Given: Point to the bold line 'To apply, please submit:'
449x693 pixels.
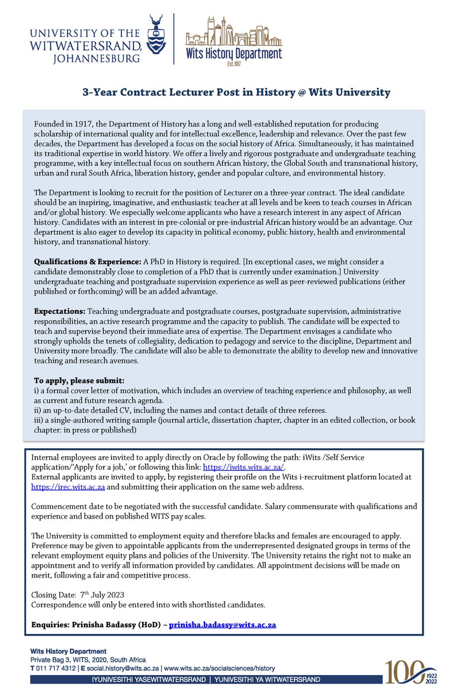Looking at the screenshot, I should pyautogui.click(x=79, y=381).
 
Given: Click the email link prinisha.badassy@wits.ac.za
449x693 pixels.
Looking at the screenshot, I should pyautogui.click(x=222, y=625).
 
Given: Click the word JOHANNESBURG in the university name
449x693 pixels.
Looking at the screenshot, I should pyautogui.click(x=99, y=58).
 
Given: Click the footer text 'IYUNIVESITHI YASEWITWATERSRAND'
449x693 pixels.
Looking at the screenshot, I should pyautogui.click(x=149, y=679).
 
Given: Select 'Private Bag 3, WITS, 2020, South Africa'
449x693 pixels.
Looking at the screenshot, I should pyautogui.click(x=88, y=660).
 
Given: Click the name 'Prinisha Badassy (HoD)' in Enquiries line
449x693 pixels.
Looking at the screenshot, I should pyautogui.click(x=120, y=625).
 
